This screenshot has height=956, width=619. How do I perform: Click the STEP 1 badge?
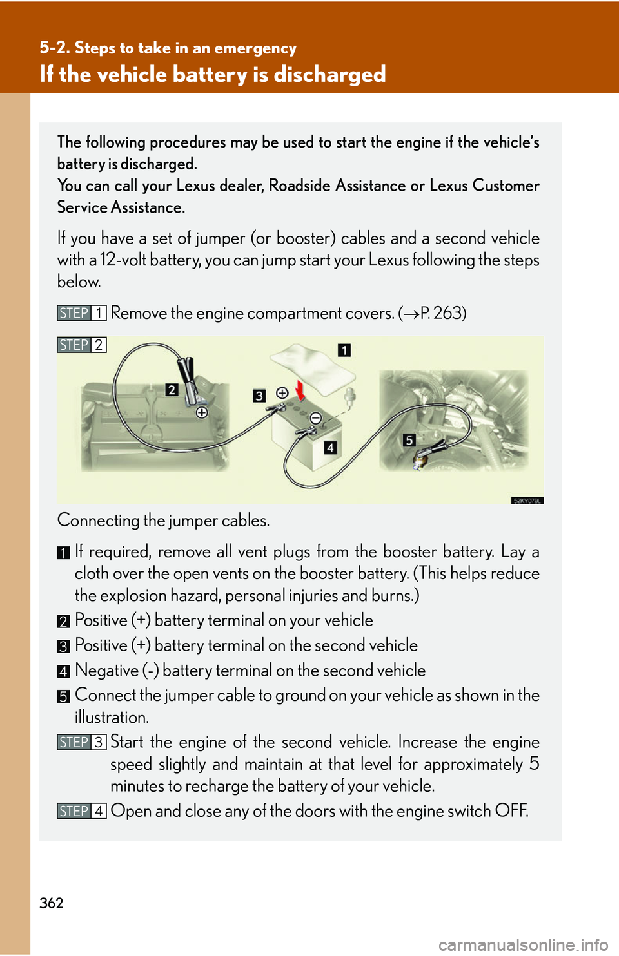(x=81, y=313)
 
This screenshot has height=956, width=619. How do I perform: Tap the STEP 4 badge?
(x=81, y=811)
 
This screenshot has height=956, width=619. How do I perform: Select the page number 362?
(x=52, y=903)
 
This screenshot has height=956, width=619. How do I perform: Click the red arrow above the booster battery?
(x=300, y=390)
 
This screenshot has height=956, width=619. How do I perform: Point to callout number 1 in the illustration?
(x=344, y=350)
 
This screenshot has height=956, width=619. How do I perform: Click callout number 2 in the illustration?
(x=172, y=390)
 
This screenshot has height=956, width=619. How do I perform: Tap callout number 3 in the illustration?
(x=259, y=396)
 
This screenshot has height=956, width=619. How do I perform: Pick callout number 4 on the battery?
(x=330, y=448)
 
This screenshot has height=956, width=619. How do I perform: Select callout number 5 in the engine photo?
(x=409, y=440)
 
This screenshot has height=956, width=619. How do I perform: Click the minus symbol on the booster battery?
(x=315, y=419)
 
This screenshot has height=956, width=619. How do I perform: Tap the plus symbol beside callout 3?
(x=282, y=393)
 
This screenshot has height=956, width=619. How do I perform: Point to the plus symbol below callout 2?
(x=202, y=413)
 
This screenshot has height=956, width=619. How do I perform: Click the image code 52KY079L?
(x=527, y=501)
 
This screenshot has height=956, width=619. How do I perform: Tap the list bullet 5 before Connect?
(x=63, y=696)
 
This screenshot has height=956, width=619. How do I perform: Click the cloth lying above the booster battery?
(x=312, y=365)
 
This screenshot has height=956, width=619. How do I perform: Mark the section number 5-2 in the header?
(x=54, y=48)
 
